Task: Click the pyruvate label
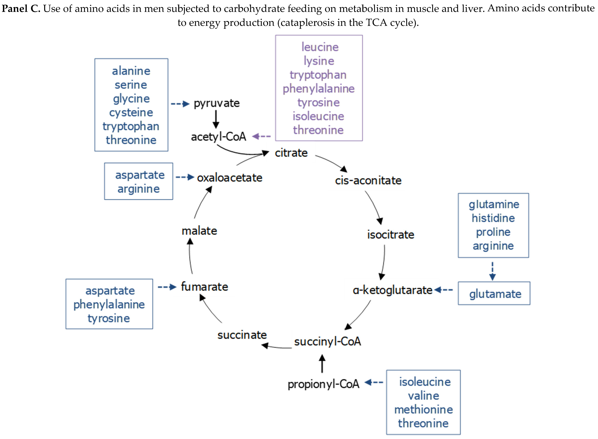tap(217, 103)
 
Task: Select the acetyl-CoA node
tap(218, 137)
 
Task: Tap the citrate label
tap(291, 153)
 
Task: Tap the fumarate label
tap(204, 287)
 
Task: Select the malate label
tap(199, 231)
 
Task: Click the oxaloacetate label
tap(230, 178)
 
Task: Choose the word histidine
tap(493, 218)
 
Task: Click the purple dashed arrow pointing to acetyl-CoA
tap(261, 137)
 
